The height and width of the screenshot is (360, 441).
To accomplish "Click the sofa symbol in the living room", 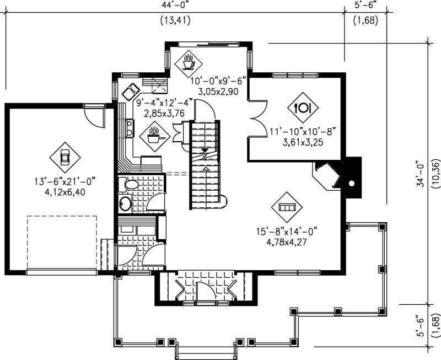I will (x=288, y=207).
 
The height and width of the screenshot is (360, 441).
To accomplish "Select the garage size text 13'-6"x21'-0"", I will (x=64, y=180).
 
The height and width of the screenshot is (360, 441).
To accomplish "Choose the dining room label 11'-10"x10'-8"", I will (x=303, y=131).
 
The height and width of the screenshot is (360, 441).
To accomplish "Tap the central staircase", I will (x=205, y=165).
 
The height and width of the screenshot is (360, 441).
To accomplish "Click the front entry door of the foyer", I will (x=205, y=292).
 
